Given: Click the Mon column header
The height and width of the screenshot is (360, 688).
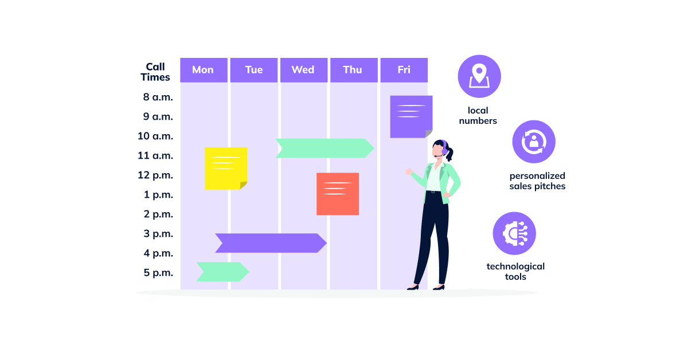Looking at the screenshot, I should (203, 70).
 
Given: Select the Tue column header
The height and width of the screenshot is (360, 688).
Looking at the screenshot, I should (253, 70).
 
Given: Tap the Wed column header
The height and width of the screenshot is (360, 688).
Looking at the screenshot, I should (303, 70).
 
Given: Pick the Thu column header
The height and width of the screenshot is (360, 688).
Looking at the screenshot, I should (353, 70).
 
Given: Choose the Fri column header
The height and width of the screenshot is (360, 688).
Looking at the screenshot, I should (404, 70).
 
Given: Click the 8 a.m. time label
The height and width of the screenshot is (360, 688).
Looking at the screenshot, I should (158, 97).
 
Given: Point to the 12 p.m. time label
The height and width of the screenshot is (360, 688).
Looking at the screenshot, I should (155, 175).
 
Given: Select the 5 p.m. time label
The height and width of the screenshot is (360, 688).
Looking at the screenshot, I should (158, 272).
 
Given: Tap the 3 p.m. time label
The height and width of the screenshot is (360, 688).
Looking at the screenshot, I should (158, 233).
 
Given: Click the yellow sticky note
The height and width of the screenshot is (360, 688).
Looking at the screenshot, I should (226, 168).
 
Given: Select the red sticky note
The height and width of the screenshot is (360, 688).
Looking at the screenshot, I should (338, 194).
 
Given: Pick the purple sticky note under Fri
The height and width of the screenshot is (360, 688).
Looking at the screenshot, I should (411, 116).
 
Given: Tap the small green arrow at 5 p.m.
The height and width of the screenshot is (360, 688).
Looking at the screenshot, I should (222, 272).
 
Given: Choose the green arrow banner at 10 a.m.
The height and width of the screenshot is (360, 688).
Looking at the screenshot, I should (325, 148).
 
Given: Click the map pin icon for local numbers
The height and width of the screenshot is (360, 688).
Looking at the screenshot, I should (479, 76).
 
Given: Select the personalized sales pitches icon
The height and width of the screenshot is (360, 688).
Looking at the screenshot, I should (533, 142).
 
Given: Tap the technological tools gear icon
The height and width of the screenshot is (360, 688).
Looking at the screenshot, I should (514, 233).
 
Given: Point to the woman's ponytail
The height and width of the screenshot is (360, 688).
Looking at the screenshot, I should (449, 154).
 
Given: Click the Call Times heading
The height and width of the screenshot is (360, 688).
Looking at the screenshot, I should (155, 72).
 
